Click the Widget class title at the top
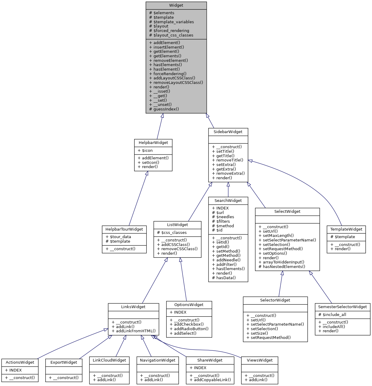(x=176, y=5)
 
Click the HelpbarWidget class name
(x=153, y=143)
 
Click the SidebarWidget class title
(x=228, y=132)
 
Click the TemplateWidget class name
(x=346, y=229)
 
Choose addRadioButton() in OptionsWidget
(x=191, y=329)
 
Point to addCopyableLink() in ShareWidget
(x=212, y=380)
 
